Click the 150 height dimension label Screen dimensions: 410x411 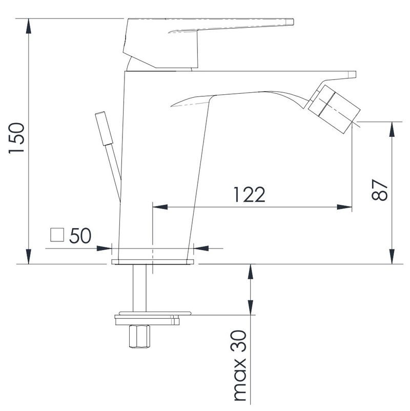pyautogui.click(x=16, y=138)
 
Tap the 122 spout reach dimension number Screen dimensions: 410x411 pyautogui.click(x=249, y=195)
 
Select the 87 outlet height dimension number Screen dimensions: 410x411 pyautogui.click(x=379, y=190)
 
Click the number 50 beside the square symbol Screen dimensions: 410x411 pyautogui.click(x=80, y=235)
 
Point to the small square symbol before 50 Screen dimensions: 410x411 pyautogui.click(x=57, y=235)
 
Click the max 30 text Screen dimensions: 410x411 pyautogui.click(x=240, y=366)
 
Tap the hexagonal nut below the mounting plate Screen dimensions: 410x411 pyautogui.click(x=139, y=337)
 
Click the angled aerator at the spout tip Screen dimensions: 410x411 pyautogui.click(x=334, y=108)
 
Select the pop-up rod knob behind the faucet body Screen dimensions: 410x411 pyautogui.click(x=104, y=129)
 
